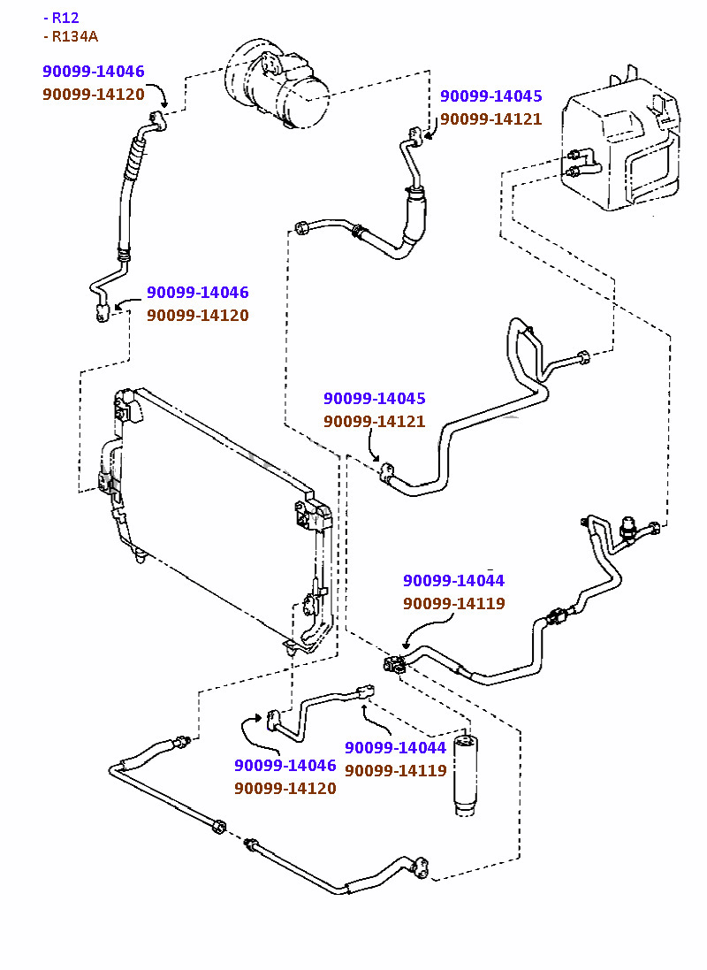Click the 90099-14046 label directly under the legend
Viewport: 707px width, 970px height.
[x=93, y=72]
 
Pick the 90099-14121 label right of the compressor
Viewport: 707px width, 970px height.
[x=490, y=119]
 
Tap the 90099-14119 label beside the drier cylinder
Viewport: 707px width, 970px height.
[x=395, y=770]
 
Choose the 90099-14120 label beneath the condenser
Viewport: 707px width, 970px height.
[x=285, y=788]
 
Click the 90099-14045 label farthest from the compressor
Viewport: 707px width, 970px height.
[x=374, y=399]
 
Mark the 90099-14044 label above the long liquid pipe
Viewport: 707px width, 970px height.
[x=453, y=581]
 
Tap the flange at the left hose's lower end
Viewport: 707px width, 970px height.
[x=102, y=310]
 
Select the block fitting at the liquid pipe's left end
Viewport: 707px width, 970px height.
[x=394, y=663]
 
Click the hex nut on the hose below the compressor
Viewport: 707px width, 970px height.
[x=302, y=227]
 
